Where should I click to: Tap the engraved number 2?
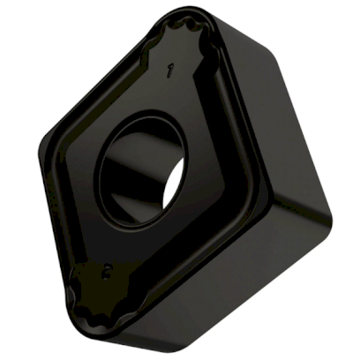coord(107,272)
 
